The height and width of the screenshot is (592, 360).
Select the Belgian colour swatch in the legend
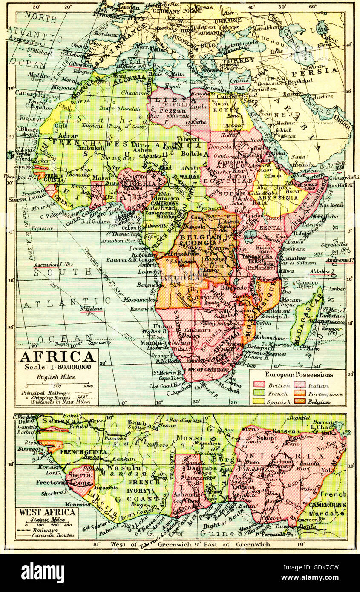pyautogui.click(x=301, y=402)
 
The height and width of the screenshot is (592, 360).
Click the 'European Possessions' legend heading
pyautogui.click(x=299, y=375)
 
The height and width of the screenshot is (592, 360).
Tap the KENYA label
pyautogui.click(x=270, y=228)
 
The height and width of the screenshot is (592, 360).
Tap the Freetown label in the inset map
pyautogui.click(x=49, y=483)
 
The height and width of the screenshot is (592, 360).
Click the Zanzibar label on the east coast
pyautogui.click(x=293, y=258)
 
